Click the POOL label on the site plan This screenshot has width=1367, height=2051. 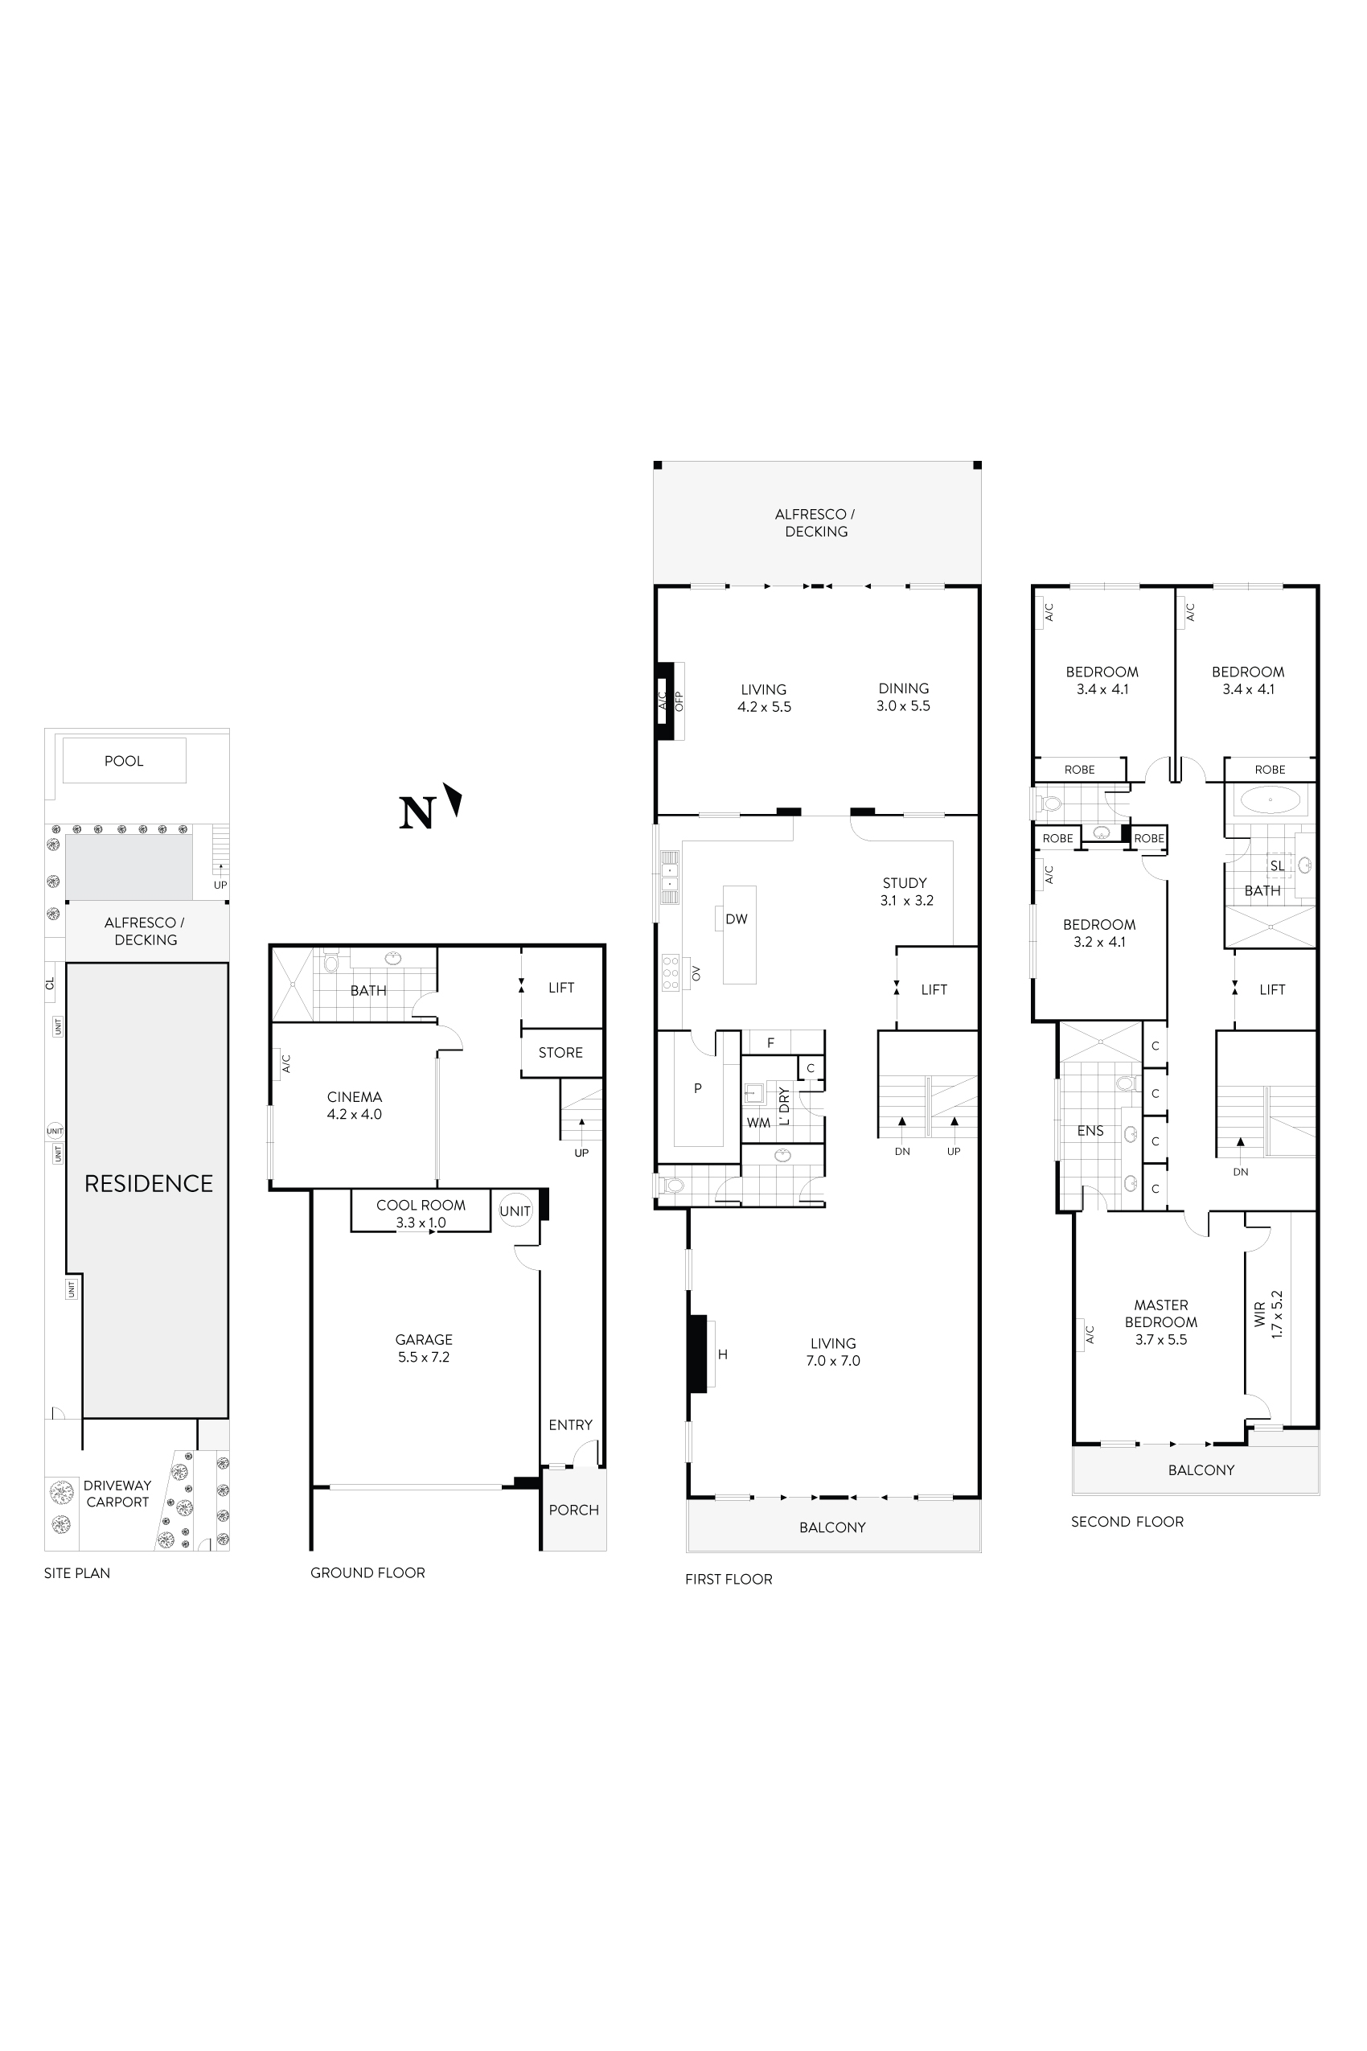pyautogui.click(x=124, y=760)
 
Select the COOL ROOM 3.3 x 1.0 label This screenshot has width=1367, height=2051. pyautogui.click(x=421, y=1213)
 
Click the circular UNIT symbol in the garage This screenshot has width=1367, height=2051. pyautogui.click(x=515, y=1210)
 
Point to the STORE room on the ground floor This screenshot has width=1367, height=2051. pyautogui.click(x=560, y=1053)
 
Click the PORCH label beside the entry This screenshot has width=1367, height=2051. pyautogui.click(x=573, y=1510)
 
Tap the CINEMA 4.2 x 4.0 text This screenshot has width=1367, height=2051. pyautogui.click(x=354, y=1105)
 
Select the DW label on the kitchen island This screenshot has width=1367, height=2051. pyautogui.click(x=737, y=919)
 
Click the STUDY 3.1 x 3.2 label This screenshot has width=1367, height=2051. pyautogui.click(x=905, y=891)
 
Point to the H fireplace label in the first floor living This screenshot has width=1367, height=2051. pyautogui.click(x=723, y=1354)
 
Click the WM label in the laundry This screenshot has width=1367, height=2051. pyautogui.click(x=757, y=1122)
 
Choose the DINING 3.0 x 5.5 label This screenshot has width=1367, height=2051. pyautogui.click(x=903, y=697)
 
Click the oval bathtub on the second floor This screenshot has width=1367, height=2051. pyautogui.click(x=1271, y=799)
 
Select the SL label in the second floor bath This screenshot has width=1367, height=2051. pyautogui.click(x=1277, y=866)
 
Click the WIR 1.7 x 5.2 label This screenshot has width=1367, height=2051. pyautogui.click(x=1268, y=1314)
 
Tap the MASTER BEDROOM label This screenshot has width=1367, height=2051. pyautogui.click(x=1160, y=1322)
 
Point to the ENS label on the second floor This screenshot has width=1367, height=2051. pyautogui.click(x=1090, y=1130)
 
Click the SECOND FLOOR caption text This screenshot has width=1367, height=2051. pyautogui.click(x=1127, y=1522)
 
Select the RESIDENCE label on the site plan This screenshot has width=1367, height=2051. pyautogui.click(x=148, y=1183)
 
